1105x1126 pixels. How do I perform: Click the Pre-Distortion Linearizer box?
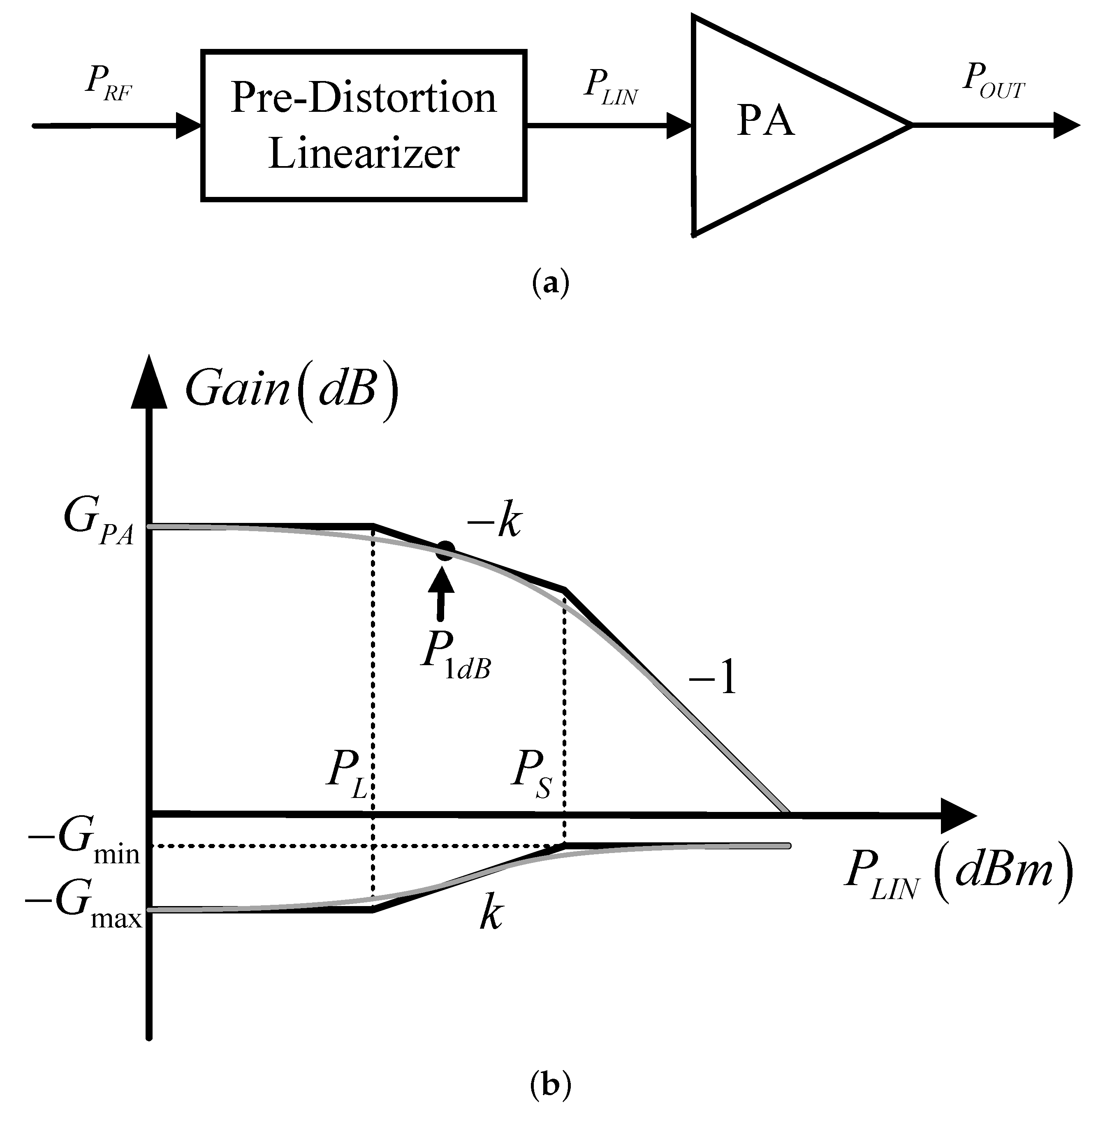tap(364, 126)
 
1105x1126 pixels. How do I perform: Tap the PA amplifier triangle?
tap(772, 125)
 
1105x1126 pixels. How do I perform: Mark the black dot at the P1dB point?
tap(445, 550)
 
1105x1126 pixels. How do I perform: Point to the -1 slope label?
tap(713, 678)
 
